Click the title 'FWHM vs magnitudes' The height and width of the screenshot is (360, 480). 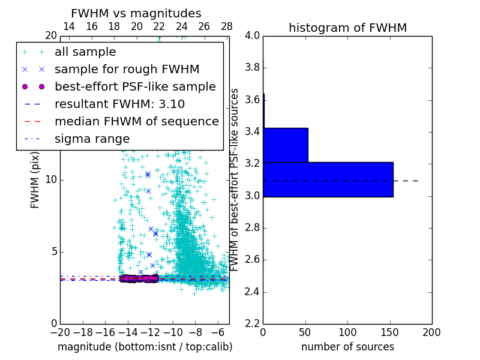(x=136, y=13)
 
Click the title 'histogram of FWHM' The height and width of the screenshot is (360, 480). (x=347, y=28)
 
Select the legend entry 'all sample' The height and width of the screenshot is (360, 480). (x=85, y=52)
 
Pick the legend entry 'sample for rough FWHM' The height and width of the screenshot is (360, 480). (x=127, y=70)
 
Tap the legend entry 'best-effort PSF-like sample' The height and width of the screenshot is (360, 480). (x=135, y=87)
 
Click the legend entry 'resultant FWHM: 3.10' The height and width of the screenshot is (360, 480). (x=119, y=104)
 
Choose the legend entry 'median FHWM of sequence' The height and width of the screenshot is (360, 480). (x=136, y=122)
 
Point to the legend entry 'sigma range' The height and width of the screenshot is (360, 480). (x=92, y=139)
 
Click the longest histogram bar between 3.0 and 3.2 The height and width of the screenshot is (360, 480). (x=328, y=179)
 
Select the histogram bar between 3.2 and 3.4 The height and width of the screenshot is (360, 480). (x=286, y=145)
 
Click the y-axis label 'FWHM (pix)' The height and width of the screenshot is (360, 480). (x=35, y=180)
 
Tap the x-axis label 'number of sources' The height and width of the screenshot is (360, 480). (x=347, y=347)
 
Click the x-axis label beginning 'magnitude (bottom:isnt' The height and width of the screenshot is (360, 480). (x=145, y=347)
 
